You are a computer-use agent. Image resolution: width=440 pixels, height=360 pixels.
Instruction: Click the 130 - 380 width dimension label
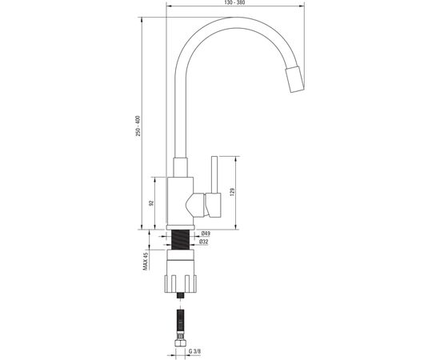235,2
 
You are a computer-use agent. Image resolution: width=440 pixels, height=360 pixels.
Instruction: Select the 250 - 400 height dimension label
138,126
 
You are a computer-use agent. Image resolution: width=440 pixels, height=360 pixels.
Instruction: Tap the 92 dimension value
151,203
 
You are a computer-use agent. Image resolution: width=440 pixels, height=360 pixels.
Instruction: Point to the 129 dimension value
232,192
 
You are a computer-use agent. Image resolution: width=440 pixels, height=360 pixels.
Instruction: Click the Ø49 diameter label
206,234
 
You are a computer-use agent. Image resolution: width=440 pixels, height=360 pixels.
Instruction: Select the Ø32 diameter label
204,242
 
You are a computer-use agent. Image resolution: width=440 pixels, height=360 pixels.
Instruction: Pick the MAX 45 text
145,262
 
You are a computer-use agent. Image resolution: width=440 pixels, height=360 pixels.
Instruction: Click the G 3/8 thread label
194,351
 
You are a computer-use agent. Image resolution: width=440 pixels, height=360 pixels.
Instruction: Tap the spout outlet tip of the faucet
294,79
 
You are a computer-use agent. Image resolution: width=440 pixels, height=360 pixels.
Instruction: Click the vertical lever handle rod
214,174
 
